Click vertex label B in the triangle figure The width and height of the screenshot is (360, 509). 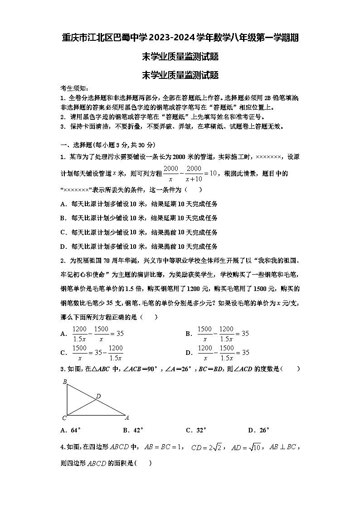pyautogui.click(x=65, y=382)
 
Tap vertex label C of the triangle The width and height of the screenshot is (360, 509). pyautogui.click(x=64, y=418)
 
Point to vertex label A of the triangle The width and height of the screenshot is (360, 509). pyautogui.click(x=127, y=417)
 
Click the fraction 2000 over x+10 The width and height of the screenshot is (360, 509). pyautogui.click(x=194, y=173)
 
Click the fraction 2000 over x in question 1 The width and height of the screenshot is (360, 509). pyautogui.click(x=171, y=173)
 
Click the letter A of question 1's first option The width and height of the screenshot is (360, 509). pyautogui.click(x=63, y=204)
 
